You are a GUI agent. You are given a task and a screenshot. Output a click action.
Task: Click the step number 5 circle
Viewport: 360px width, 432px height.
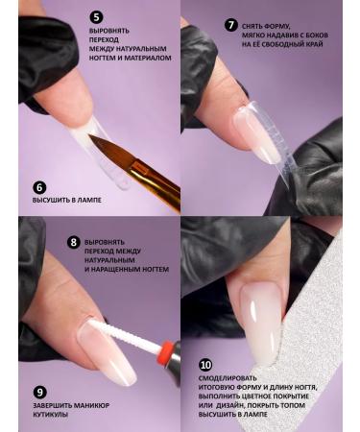96,17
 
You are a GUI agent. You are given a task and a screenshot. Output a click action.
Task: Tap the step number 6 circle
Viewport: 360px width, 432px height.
39,188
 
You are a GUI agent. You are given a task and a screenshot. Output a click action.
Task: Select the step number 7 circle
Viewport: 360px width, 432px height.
231,25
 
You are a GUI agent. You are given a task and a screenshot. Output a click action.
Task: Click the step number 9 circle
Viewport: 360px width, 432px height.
39,393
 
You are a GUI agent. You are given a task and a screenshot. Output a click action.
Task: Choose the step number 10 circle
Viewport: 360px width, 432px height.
205,366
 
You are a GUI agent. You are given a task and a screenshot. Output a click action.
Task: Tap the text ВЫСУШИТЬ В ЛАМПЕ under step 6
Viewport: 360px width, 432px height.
67,201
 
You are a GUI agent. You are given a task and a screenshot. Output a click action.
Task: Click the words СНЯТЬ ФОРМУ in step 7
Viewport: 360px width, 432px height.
271,24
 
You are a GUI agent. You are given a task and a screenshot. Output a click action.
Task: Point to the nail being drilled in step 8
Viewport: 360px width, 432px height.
106,350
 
